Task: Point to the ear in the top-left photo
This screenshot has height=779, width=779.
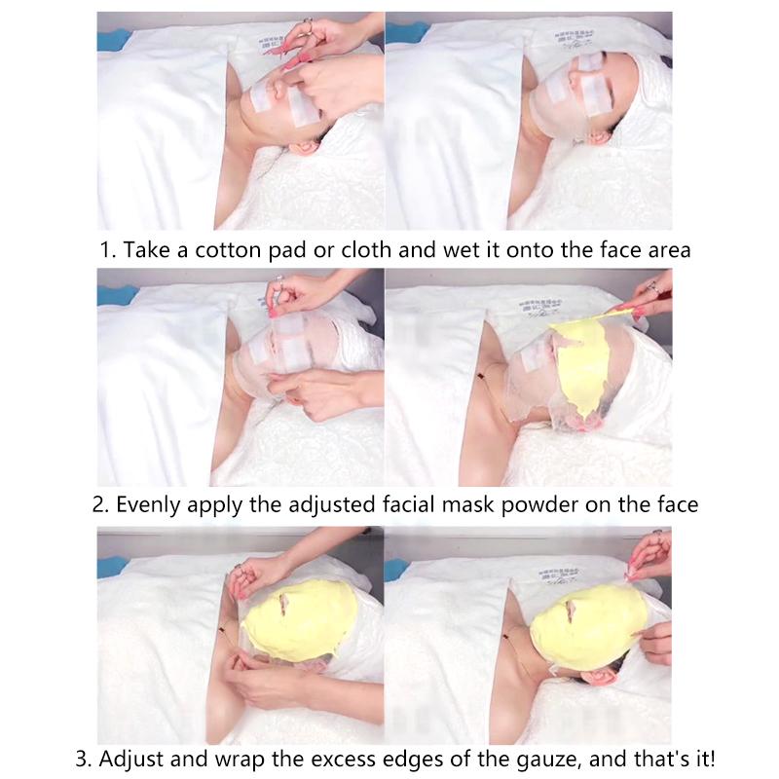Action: tap(305, 151)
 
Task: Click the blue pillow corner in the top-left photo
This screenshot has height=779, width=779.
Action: tap(113, 39)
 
